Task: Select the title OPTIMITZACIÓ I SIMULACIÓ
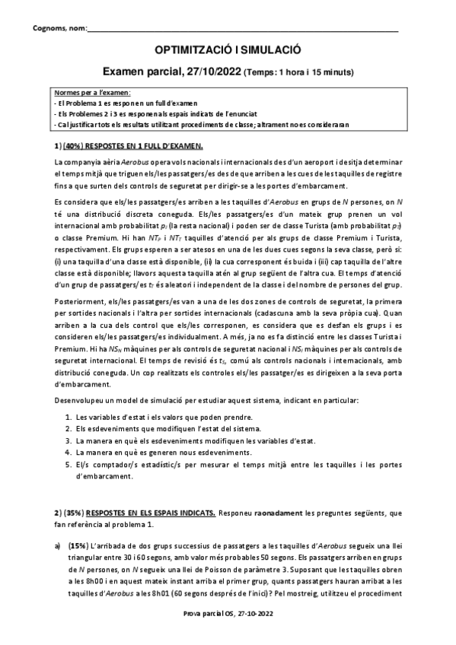[228, 50]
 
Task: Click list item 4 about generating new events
[175, 453]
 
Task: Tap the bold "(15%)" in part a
[78, 545]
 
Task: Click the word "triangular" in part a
[72, 557]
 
